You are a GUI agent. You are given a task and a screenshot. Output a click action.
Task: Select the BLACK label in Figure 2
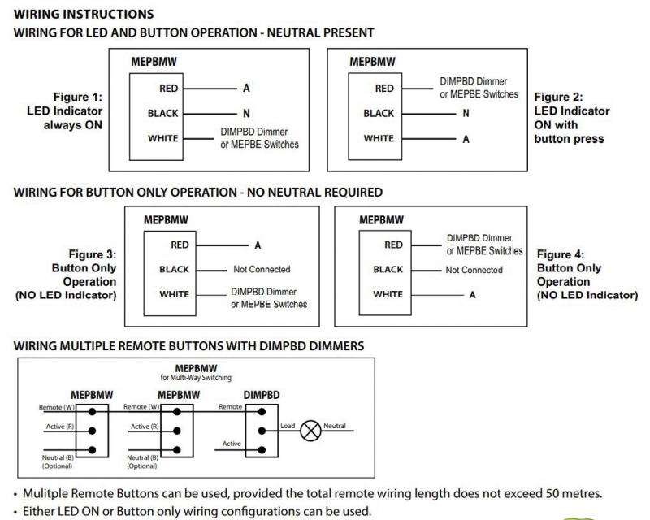click(x=379, y=114)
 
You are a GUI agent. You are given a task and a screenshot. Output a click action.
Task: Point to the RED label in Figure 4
click(x=393, y=245)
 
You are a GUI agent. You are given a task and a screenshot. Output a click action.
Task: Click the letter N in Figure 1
click(x=246, y=114)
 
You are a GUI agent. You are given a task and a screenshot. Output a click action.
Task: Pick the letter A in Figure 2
click(x=466, y=139)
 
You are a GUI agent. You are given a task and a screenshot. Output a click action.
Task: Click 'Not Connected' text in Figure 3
click(x=261, y=269)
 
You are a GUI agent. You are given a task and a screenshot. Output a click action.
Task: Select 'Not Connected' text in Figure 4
click(x=474, y=270)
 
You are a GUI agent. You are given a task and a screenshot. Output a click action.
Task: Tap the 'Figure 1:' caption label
click(x=77, y=97)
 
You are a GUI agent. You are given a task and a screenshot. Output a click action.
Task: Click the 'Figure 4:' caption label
click(x=561, y=254)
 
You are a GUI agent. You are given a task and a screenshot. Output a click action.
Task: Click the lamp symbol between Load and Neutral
click(x=310, y=427)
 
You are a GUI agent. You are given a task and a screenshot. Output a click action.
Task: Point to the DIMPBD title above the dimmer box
click(x=262, y=393)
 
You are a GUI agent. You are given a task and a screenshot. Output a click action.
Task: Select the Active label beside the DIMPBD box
click(x=232, y=444)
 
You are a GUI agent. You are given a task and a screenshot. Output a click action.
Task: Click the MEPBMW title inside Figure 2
click(x=372, y=62)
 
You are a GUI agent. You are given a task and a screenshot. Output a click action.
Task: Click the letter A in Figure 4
click(x=472, y=295)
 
